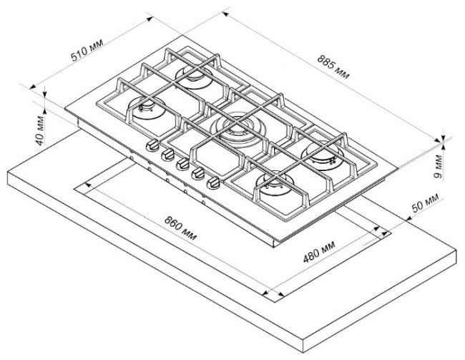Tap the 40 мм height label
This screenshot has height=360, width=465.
tap(40, 130)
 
